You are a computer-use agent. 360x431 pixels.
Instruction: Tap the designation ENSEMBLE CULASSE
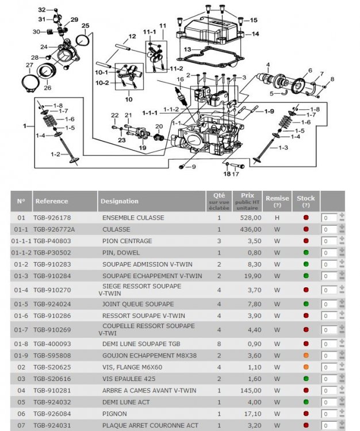(133, 218)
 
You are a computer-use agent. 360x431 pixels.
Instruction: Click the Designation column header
(119, 201)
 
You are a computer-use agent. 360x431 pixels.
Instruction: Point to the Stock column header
(305, 198)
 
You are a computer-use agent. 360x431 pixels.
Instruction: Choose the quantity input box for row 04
(330, 390)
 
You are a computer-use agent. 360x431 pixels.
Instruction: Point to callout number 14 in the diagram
(255, 33)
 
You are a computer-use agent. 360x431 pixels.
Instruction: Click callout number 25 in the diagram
(85, 25)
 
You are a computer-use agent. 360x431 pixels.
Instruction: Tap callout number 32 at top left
(41, 10)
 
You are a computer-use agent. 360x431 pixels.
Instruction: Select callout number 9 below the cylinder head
(193, 167)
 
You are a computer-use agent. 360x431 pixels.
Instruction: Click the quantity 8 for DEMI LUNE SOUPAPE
(219, 344)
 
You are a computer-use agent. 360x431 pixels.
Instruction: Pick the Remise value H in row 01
(277, 218)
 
